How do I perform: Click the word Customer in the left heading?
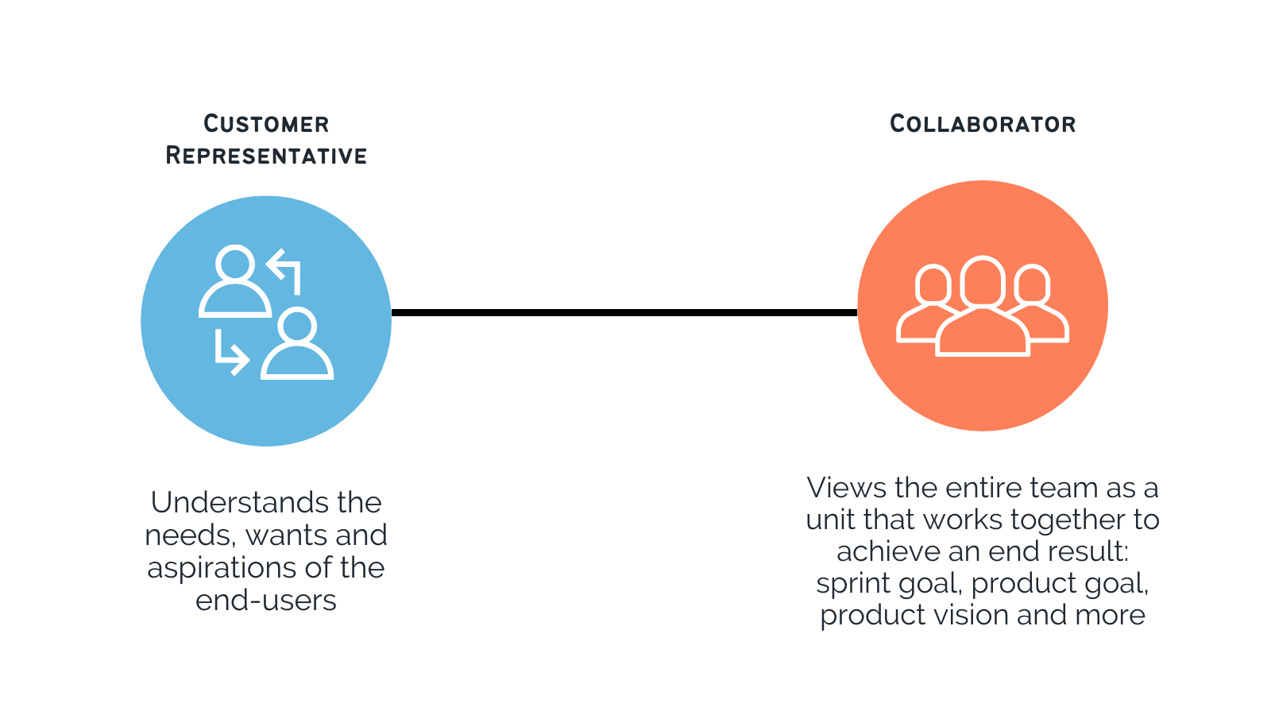point(266,124)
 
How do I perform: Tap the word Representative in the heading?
point(266,156)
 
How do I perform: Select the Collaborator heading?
point(983,124)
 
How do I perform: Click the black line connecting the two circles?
point(624,312)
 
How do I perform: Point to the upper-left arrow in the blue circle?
point(285,269)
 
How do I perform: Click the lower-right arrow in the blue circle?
point(230,354)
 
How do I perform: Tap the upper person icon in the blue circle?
point(235,282)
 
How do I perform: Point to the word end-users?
point(266,601)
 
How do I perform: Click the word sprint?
point(853,584)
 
